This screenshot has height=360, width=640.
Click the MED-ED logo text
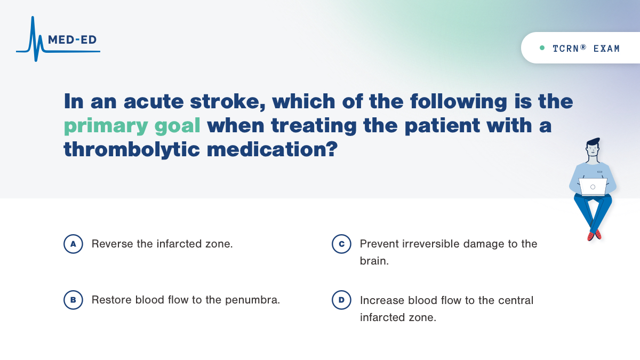(x=72, y=40)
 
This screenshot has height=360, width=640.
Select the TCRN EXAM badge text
(x=586, y=49)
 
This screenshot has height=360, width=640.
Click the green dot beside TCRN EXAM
(x=542, y=48)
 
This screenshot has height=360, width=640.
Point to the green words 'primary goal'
(x=132, y=125)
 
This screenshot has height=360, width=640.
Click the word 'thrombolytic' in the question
(x=131, y=149)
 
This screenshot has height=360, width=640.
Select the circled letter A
(x=73, y=244)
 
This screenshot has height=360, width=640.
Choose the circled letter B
(x=73, y=300)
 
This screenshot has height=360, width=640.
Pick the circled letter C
(x=341, y=244)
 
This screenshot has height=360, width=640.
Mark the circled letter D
(x=341, y=300)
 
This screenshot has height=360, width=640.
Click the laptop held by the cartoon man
(x=593, y=187)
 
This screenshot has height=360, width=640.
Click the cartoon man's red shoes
(x=594, y=235)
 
